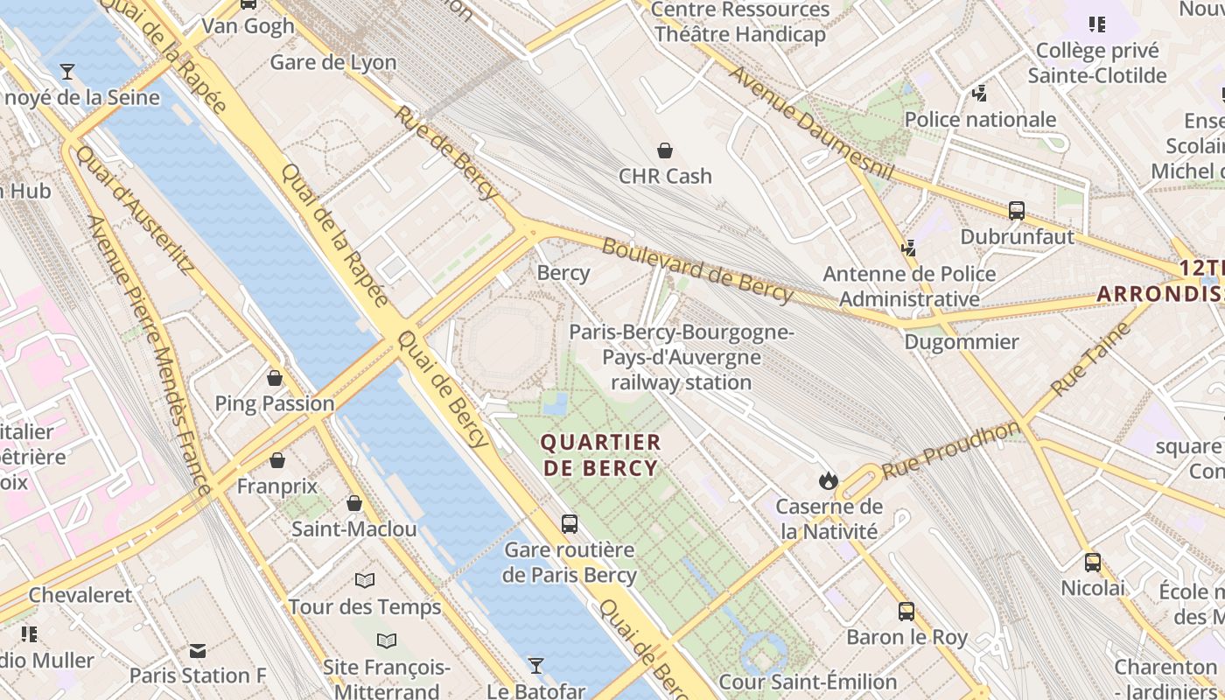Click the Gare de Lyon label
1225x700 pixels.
[x=333, y=62]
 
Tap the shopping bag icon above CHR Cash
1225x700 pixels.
[x=665, y=150]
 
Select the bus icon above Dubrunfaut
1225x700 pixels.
[x=1017, y=211]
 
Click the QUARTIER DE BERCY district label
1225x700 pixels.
[x=600, y=454]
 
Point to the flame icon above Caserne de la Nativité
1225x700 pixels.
[x=828, y=480]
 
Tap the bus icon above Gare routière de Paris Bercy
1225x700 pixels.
[x=570, y=524]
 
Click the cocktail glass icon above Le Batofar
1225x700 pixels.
[x=535, y=666]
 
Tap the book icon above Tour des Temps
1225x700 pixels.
[x=365, y=581]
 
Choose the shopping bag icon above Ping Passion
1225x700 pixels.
[x=275, y=378]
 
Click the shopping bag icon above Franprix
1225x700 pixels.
[x=277, y=460]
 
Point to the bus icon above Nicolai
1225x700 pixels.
[x=1093, y=563]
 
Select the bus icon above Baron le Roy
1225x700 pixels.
[x=906, y=612]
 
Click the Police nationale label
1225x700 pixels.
[x=980, y=119]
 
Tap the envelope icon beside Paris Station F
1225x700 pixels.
[x=198, y=651]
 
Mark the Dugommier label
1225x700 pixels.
[x=962, y=341]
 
